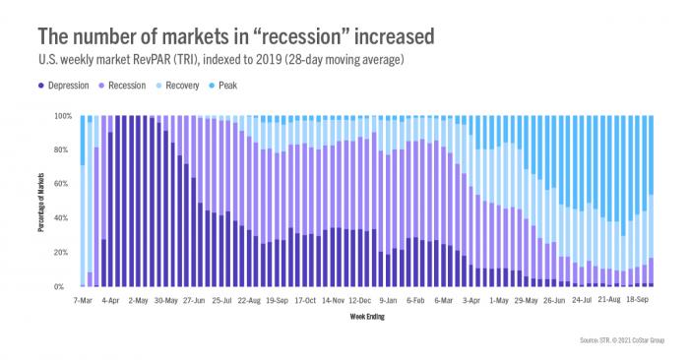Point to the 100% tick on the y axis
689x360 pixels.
tap(62, 116)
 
